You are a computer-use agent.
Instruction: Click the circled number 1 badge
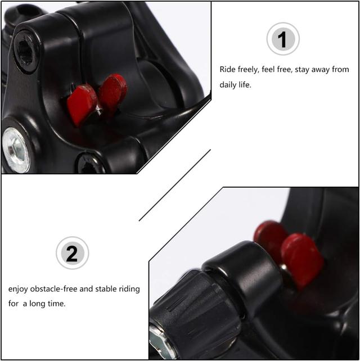point(283,39)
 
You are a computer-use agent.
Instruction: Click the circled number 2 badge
point(73,253)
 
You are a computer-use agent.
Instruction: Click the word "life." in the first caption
point(245,85)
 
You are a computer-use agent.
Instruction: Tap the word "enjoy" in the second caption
point(18,289)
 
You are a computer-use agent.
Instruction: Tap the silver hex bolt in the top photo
point(16,150)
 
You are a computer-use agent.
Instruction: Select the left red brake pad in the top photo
point(82,104)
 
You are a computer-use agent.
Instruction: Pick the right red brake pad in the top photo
point(112,91)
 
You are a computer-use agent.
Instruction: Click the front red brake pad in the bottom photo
point(302,260)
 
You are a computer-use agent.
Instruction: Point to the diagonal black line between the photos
point(175,185)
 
